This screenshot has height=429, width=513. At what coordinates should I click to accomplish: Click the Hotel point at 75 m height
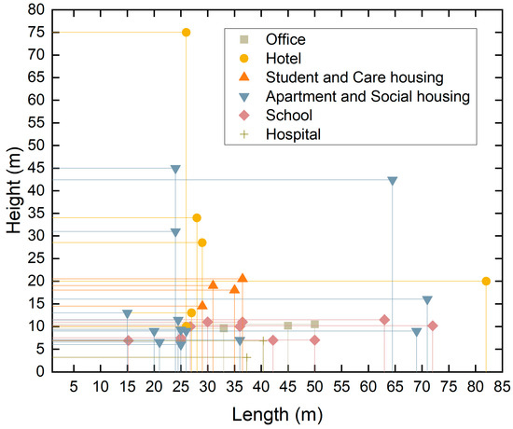(x=186, y=33)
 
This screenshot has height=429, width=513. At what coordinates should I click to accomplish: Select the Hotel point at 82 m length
(x=486, y=281)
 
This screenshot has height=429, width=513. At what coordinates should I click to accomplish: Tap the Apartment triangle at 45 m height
(x=175, y=170)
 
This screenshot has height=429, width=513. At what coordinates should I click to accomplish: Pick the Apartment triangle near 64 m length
(x=393, y=181)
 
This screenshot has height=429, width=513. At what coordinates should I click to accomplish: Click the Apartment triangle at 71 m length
(x=427, y=300)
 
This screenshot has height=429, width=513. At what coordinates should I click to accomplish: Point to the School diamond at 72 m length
(x=433, y=325)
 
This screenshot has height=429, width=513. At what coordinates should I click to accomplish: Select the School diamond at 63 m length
(x=384, y=320)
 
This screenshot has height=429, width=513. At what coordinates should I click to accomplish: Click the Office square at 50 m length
(x=315, y=325)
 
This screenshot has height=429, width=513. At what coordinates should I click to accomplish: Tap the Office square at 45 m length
(x=288, y=325)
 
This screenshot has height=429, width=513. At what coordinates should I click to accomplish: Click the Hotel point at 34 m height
(x=197, y=218)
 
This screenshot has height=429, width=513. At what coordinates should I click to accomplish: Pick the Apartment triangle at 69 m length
(x=417, y=332)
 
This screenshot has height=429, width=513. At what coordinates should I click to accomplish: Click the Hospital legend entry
(x=293, y=134)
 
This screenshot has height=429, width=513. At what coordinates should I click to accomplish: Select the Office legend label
(x=285, y=39)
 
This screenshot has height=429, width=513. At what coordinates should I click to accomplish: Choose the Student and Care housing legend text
(x=354, y=76)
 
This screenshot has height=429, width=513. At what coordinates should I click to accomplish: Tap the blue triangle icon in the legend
(x=244, y=96)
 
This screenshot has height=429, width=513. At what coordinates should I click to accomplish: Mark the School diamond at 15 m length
(x=128, y=340)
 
